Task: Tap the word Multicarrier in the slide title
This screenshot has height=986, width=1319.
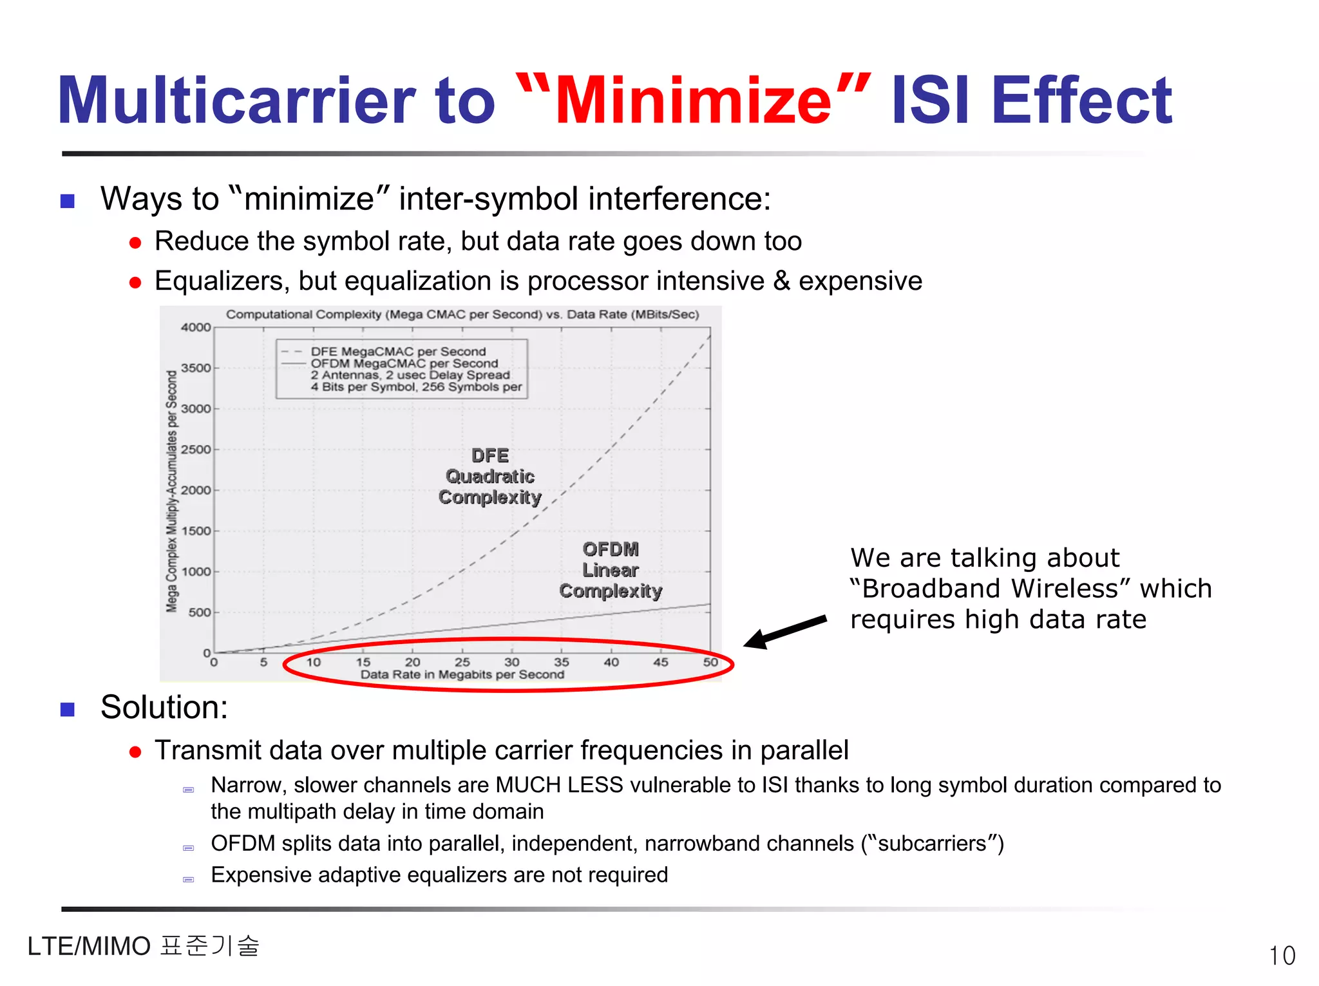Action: (x=236, y=102)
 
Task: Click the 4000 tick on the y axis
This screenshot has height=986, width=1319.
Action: (x=196, y=328)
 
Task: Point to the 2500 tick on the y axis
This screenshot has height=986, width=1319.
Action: (x=196, y=450)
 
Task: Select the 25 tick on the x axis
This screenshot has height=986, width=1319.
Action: (x=462, y=662)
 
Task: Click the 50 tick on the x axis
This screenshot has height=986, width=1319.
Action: (x=710, y=662)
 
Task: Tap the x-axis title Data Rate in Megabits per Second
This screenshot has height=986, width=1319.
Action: (x=462, y=675)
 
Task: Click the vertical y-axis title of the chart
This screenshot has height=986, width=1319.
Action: (x=172, y=491)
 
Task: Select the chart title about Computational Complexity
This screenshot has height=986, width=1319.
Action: (x=462, y=314)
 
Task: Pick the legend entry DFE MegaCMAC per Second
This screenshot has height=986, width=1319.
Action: (x=398, y=352)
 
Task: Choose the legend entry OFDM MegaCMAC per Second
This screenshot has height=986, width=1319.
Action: (x=404, y=363)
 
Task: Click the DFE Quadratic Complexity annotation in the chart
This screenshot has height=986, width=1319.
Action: (x=490, y=477)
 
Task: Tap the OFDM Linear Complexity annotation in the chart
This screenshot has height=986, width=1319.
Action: (x=611, y=570)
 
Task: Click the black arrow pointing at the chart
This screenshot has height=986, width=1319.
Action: (x=786, y=631)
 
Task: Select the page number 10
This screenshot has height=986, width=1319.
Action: (x=1282, y=956)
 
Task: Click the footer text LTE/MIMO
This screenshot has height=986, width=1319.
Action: (x=89, y=947)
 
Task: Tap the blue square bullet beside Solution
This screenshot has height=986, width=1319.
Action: (x=68, y=709)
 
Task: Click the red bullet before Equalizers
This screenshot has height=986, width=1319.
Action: (x=135, y=283)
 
